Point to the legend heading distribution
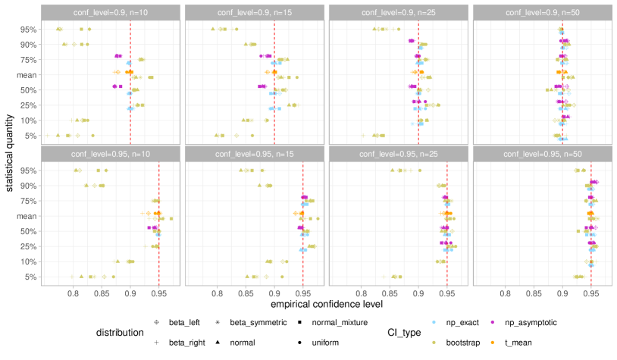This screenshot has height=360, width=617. (120, 332)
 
